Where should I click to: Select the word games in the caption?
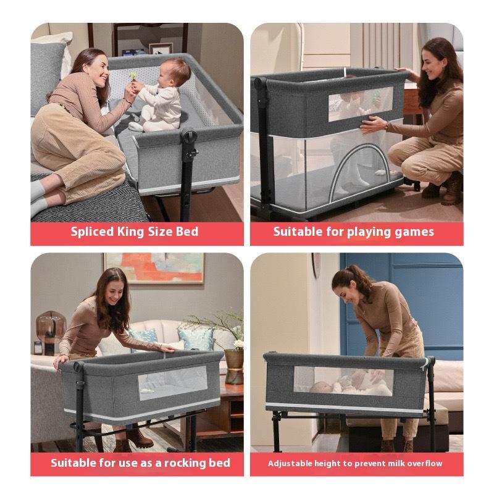point(416,232)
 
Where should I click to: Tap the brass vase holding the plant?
point(233,366)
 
